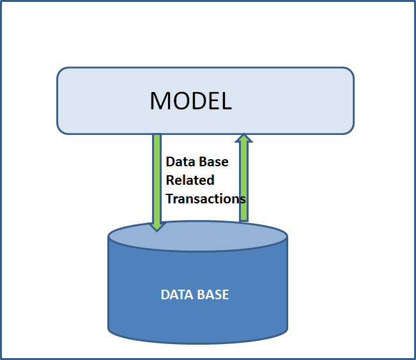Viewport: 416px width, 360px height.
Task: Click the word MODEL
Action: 190,100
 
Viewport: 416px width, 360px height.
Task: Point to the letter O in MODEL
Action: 180,100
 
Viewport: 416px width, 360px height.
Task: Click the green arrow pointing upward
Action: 243,179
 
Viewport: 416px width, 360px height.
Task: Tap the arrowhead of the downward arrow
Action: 157,226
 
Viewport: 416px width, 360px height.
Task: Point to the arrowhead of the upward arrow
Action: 243,138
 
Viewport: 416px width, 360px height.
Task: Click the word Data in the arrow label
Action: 179,162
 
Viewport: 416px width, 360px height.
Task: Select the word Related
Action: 190,180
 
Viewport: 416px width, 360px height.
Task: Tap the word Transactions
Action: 206,198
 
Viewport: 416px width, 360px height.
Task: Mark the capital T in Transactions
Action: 169,198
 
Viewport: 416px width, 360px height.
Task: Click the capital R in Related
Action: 170,180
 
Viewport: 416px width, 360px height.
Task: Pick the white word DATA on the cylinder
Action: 178,295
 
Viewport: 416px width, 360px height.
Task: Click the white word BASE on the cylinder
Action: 213,295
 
